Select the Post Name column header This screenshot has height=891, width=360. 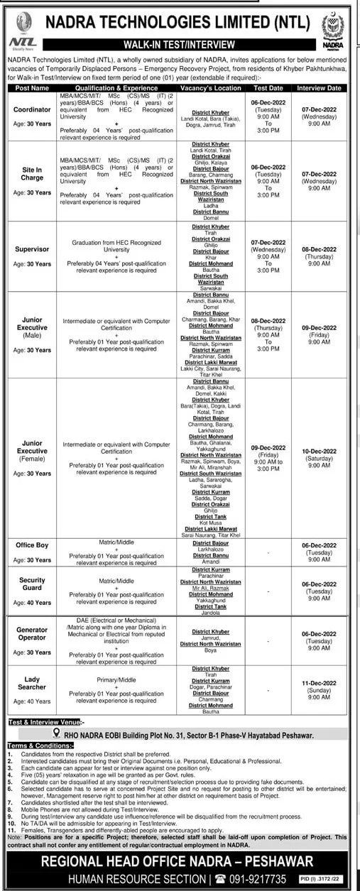pyautogui.click(x=33, y=88)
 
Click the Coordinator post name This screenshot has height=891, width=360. pyautogui.click(x=33, y=110)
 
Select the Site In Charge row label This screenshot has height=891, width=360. pyautogui.click(x=33, y=174)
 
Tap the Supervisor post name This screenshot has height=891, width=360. pyautogui.click(x=33, y=249)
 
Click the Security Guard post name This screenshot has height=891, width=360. pyautogui.click(x=33, y=584)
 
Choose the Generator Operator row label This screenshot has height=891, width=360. pyautogui.click(x=33, y=634)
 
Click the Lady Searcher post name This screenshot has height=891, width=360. pyautogui.click(x=33, y=683)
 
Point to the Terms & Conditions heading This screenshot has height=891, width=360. pyautogui.click(x=36, y=746)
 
